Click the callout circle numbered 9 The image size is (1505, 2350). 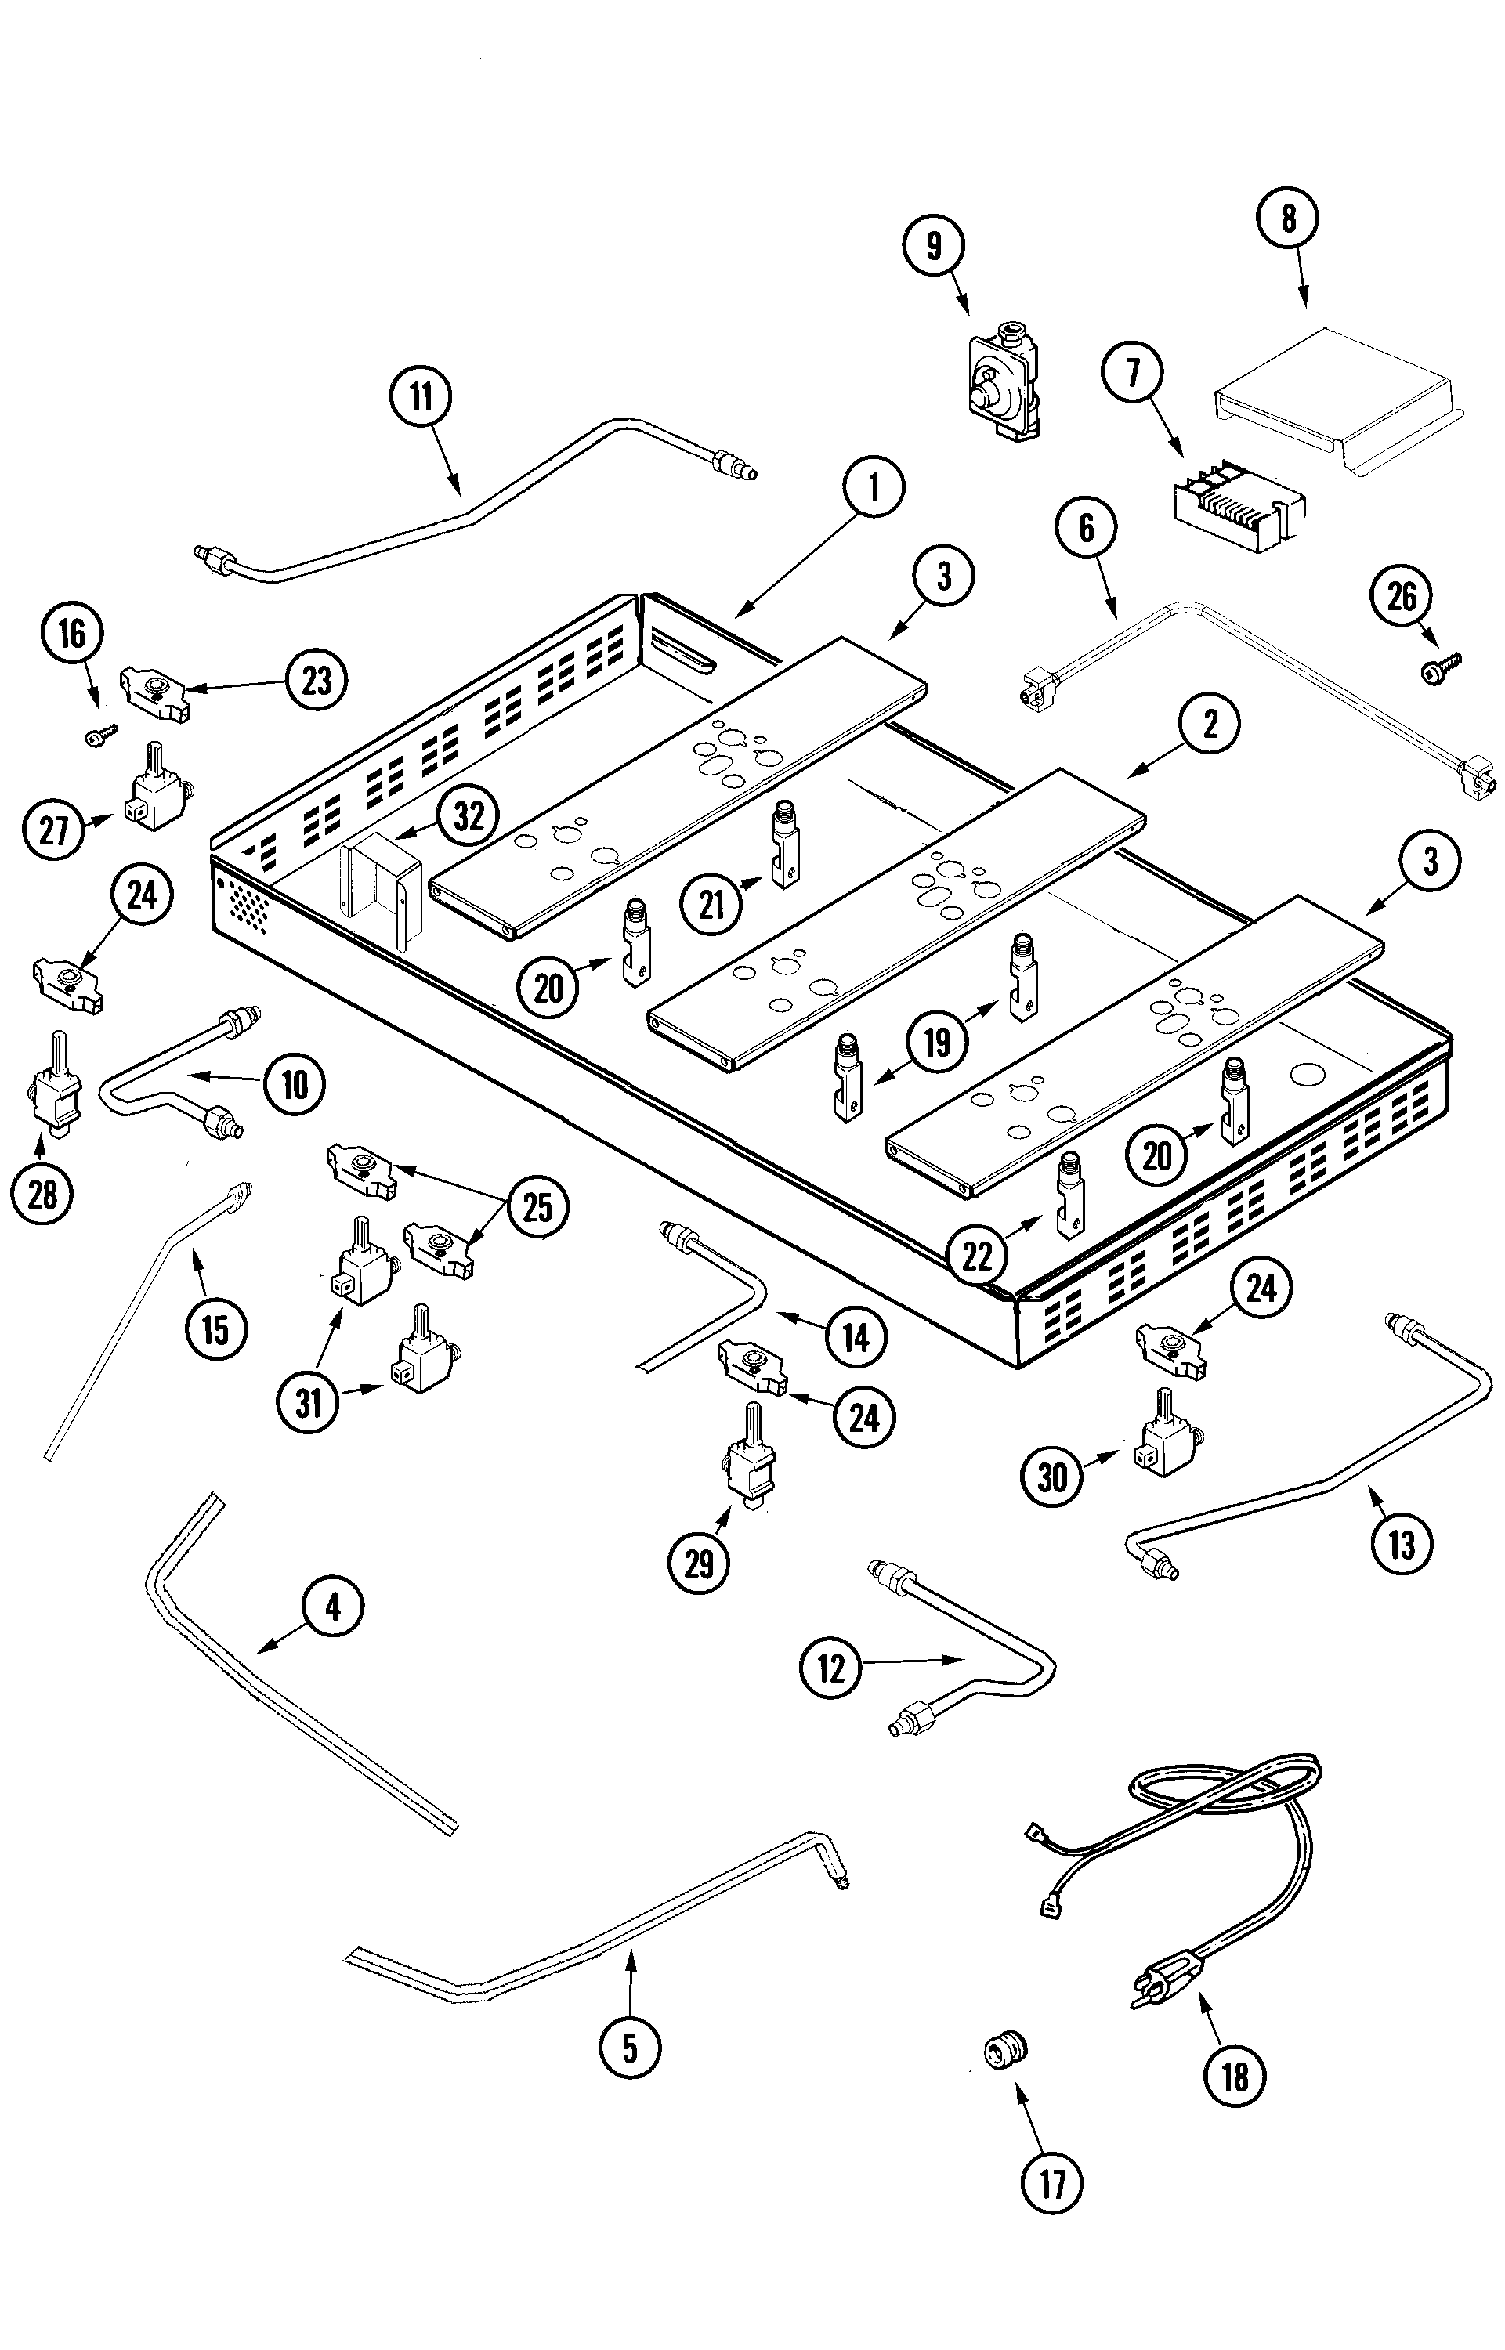pyautogui.click(x=935, y=245)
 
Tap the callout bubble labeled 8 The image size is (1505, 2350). pyautogui.click(x=1288, y=219)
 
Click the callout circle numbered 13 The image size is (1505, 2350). pyautogui.click(x=1402, y=1544)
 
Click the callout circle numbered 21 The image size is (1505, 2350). pyautogui.click(x=712, y=904)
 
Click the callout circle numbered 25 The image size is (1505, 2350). pyautogui.click(x=537, y=1208)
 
